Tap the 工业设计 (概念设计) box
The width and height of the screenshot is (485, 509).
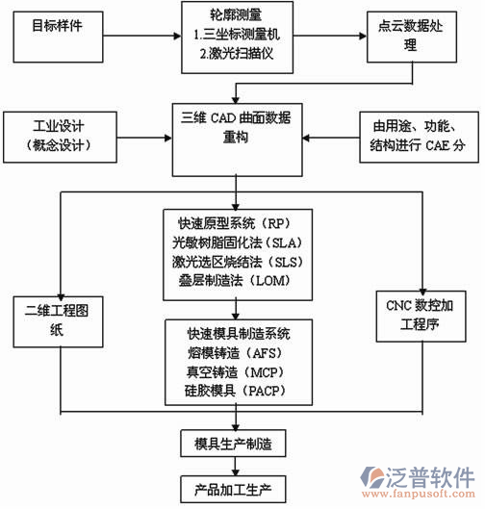(57, 135)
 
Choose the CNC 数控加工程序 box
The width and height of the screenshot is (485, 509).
(423, 315)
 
